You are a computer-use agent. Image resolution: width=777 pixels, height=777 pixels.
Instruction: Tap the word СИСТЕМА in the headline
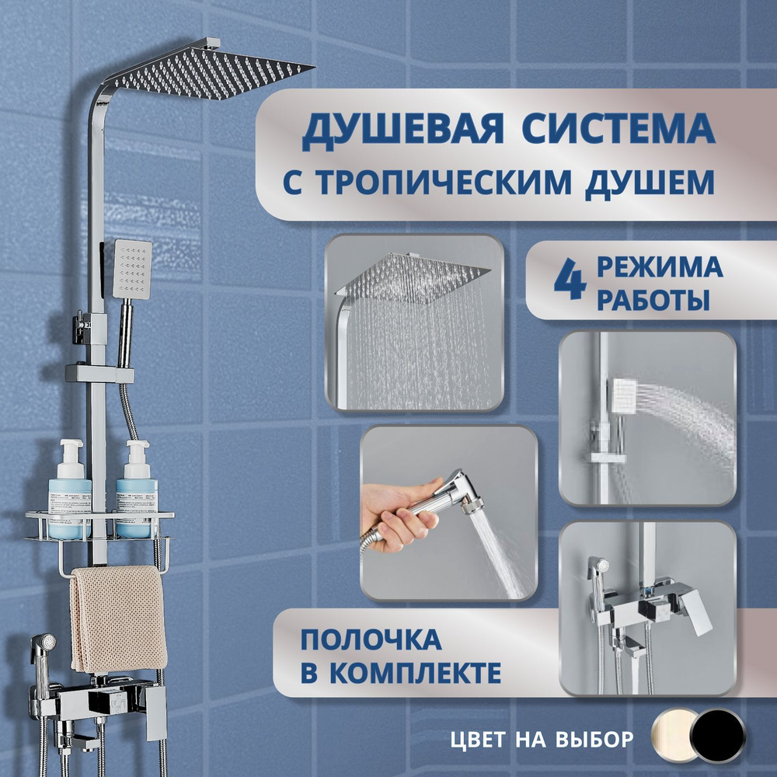618,129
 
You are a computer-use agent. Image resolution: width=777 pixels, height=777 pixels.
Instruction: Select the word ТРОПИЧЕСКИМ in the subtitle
444,183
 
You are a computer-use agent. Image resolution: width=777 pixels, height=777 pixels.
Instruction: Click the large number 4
570,282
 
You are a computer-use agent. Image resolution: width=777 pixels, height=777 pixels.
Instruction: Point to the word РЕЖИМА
660,267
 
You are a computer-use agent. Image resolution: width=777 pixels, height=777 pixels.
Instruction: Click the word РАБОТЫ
653,300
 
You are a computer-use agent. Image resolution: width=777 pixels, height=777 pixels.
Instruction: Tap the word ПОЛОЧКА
371,639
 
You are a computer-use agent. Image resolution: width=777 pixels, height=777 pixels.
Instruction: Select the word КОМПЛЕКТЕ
415,672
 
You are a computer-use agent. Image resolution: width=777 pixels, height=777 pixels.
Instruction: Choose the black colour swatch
719,736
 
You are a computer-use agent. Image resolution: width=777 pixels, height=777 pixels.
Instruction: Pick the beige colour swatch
674,736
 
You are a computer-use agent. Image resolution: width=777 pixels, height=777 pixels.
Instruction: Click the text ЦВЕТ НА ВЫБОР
542,740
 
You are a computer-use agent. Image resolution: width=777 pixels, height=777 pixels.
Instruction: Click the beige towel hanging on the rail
118,619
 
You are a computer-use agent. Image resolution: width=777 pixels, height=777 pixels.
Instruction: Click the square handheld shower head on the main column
132,270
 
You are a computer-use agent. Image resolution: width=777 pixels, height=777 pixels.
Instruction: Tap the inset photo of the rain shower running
414,322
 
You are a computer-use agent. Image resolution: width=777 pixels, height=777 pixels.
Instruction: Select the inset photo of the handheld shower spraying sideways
647,418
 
